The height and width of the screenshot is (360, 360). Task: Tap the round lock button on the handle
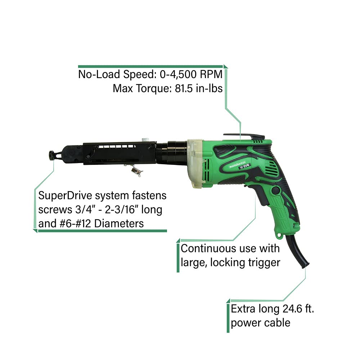[x=275, y=191]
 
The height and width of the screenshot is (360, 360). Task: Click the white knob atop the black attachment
[x=146, y=139]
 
